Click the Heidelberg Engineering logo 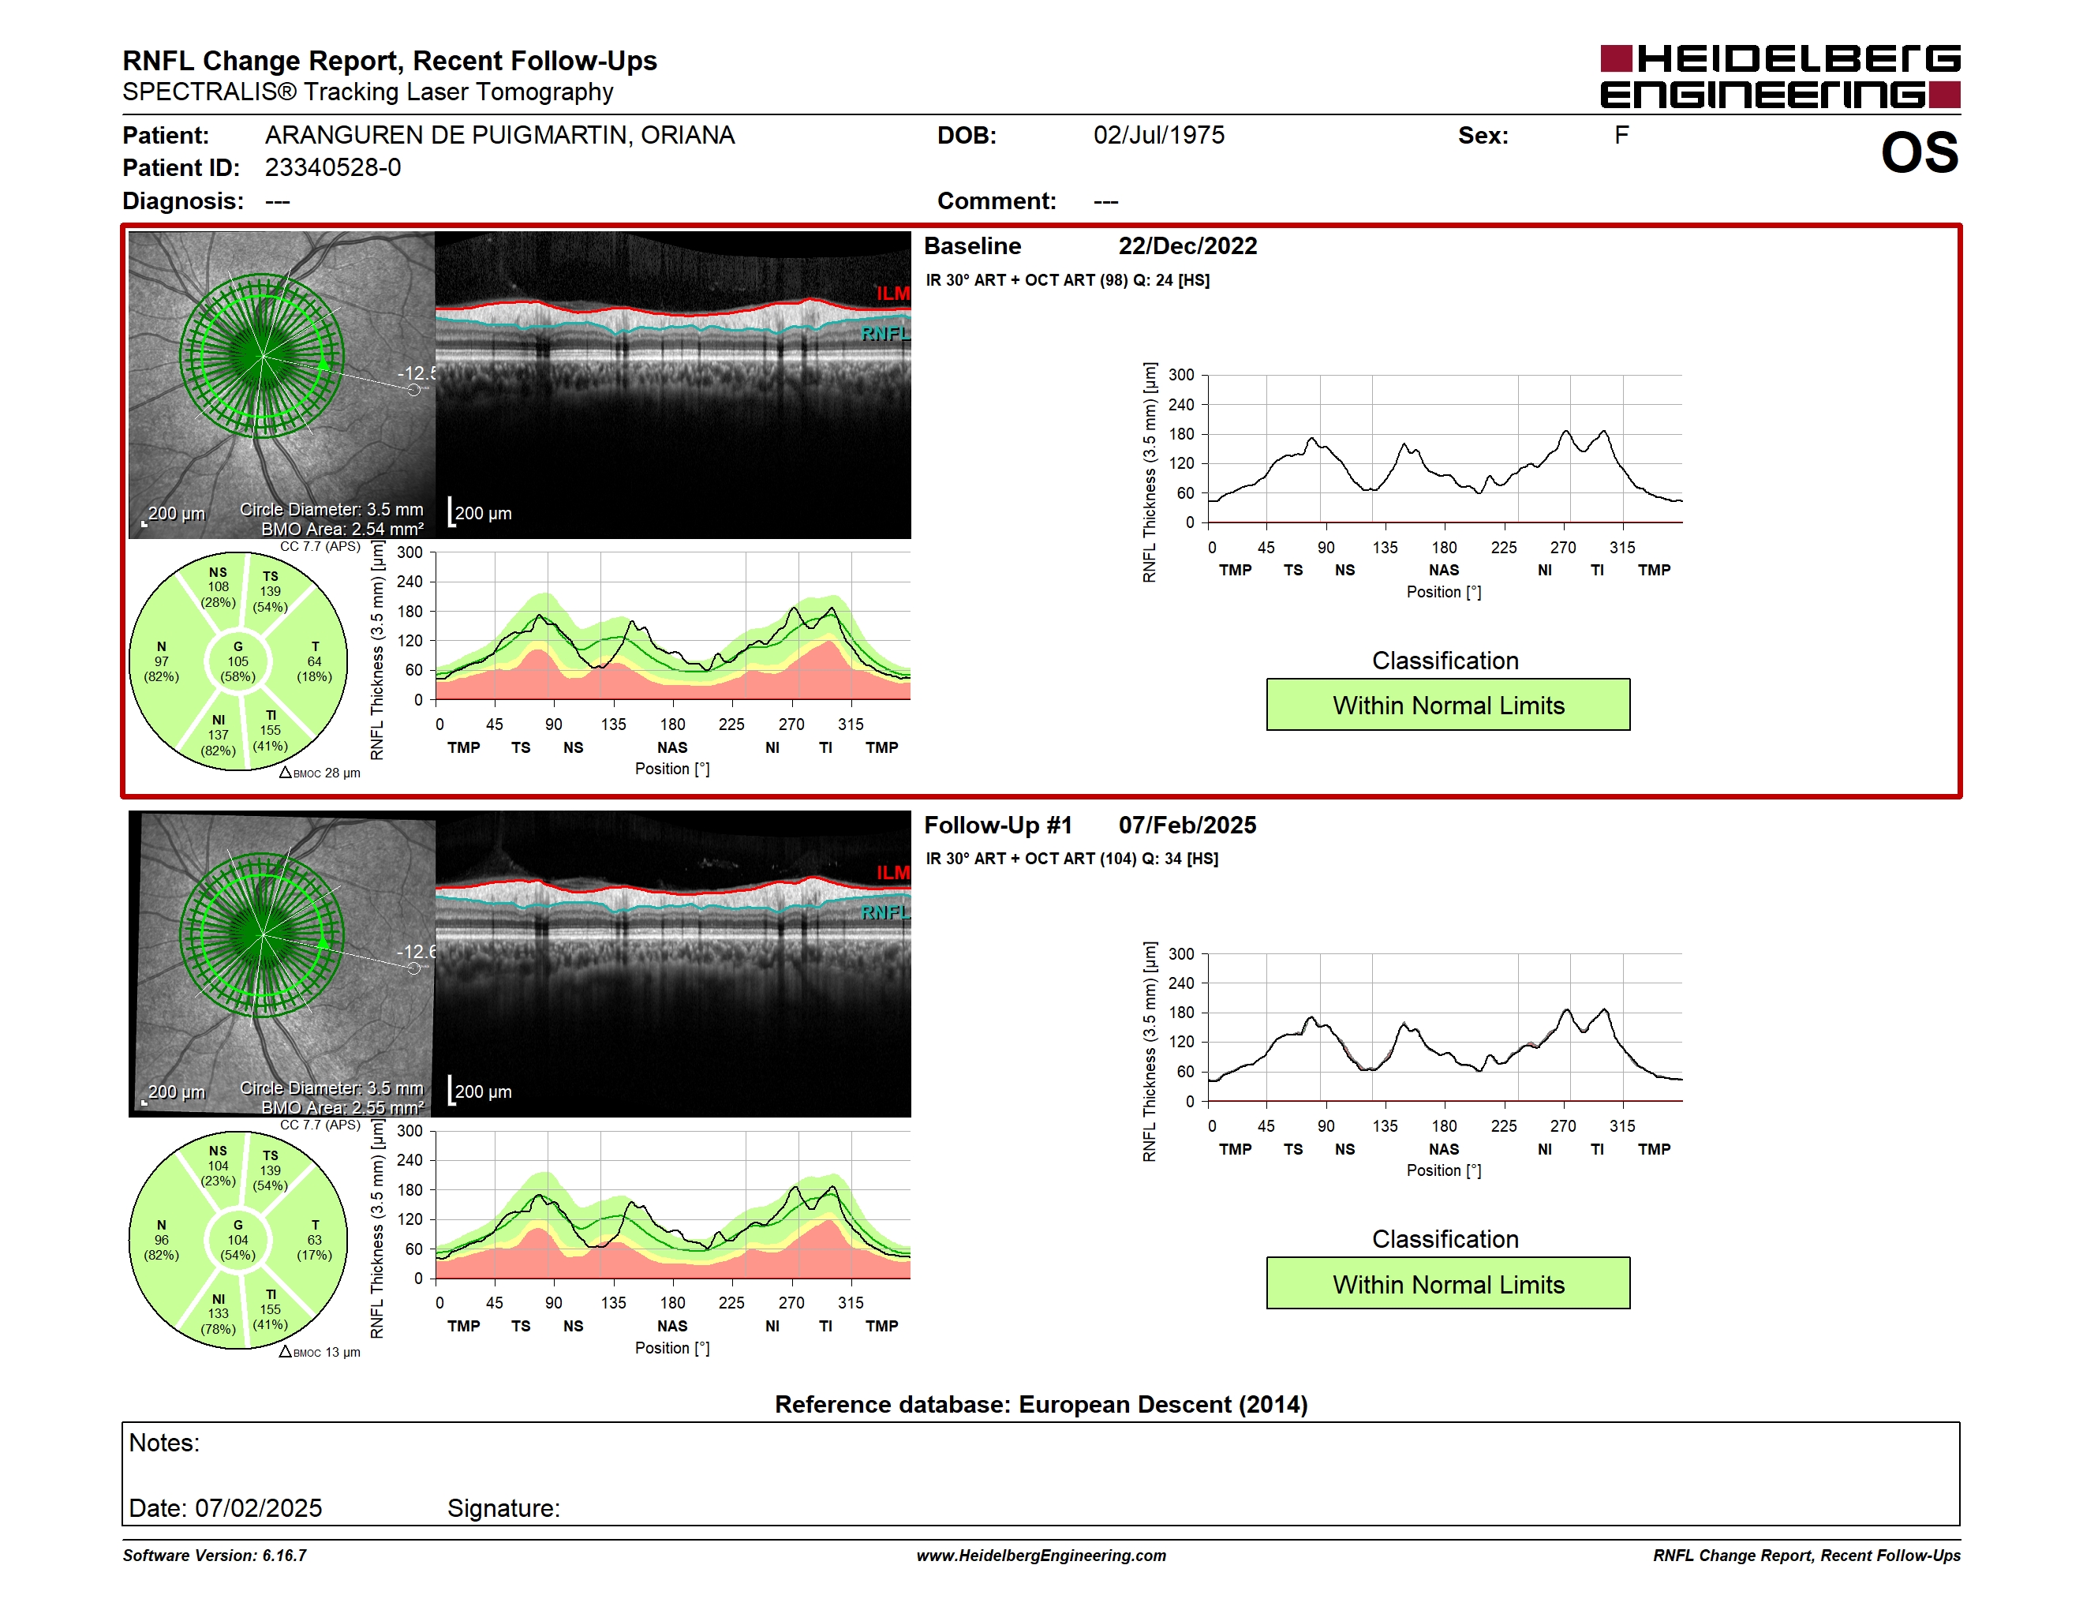1780,77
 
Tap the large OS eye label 1919,152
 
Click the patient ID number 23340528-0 333,168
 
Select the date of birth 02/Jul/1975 1159,136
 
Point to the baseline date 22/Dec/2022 1187,246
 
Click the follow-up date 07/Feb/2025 1187,825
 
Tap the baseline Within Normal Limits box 1448,705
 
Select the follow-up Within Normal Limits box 1448,1284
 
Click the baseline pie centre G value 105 237,661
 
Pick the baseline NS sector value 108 219,586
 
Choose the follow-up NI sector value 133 219,1313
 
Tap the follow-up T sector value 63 314,1240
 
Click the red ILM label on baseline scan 892,294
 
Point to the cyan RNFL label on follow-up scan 885,913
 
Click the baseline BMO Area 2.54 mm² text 342,530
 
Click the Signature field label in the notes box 503,1508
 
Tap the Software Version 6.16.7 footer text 215,1556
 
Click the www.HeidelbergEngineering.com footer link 1041,1556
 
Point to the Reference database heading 1041,1404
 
